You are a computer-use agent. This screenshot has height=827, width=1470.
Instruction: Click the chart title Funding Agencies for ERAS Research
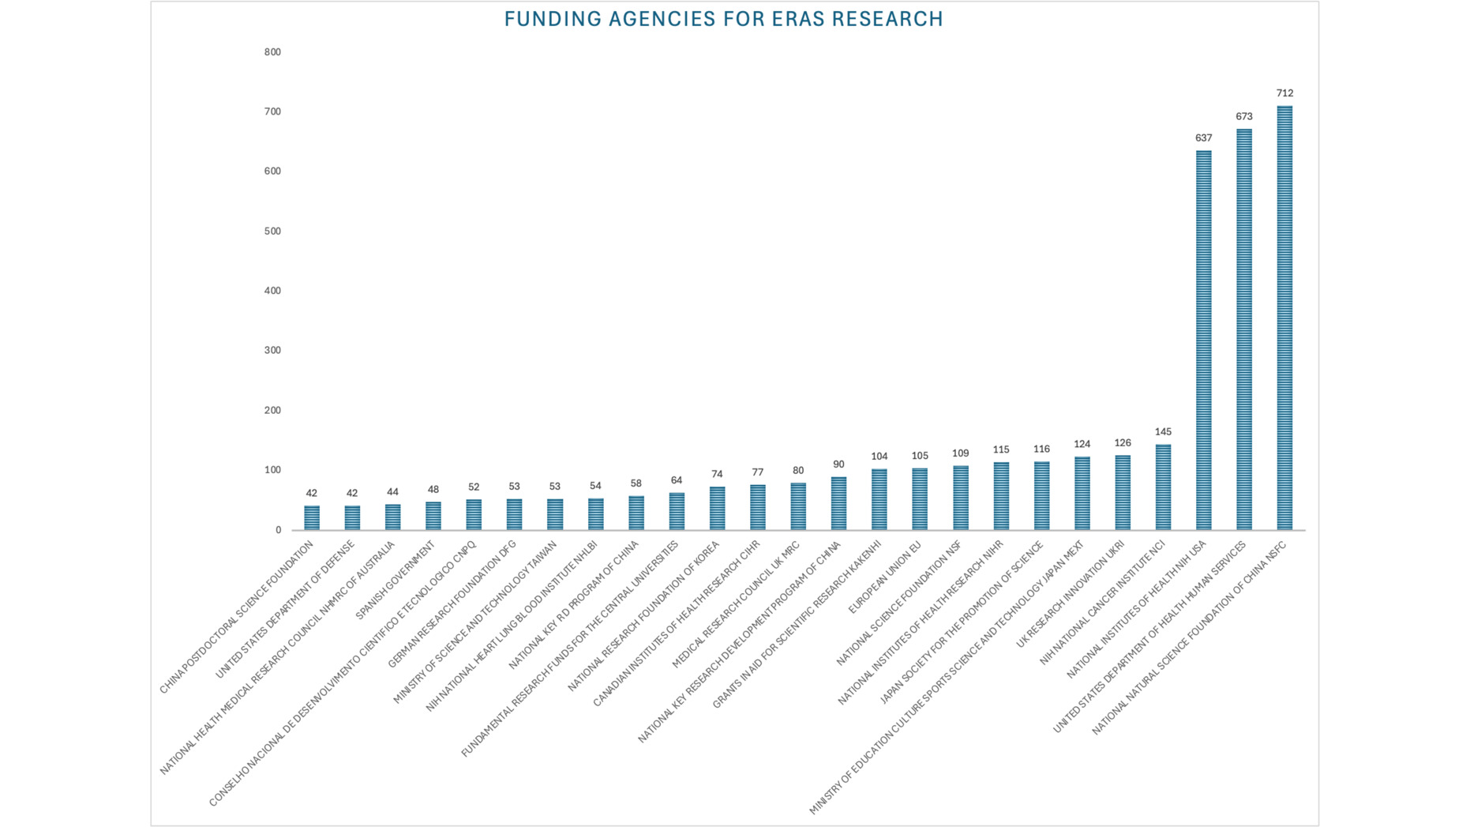[x=723, y=19]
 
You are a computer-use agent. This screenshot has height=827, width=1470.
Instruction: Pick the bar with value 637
[x=1203, y=340]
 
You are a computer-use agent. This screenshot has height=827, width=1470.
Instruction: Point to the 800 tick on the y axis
[x=272, y=52]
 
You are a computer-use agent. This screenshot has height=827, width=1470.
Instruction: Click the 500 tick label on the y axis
[x=272, y=231]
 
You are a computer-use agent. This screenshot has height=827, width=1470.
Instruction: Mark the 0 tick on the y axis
[x=278, y=530]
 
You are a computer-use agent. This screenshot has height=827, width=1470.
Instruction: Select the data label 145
[x=1163, y=432]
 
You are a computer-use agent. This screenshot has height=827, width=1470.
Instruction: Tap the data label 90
[x=838, y=464]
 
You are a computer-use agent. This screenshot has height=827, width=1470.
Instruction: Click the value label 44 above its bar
[x=392, y=492]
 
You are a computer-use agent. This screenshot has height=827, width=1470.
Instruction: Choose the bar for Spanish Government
[x=433, y=516]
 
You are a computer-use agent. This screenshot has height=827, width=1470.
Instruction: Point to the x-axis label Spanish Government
[x=396, y=580]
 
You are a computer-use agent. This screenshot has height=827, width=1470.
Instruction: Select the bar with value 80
[x=798, y=506]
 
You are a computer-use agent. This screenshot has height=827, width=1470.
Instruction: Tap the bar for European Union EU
[x=920, y=499]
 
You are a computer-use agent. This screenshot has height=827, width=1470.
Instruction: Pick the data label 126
[x=1123, y=443]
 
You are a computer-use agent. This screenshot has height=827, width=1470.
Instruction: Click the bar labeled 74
[x=717, y=508]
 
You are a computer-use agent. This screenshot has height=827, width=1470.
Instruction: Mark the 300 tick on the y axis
[x=272, y=351]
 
